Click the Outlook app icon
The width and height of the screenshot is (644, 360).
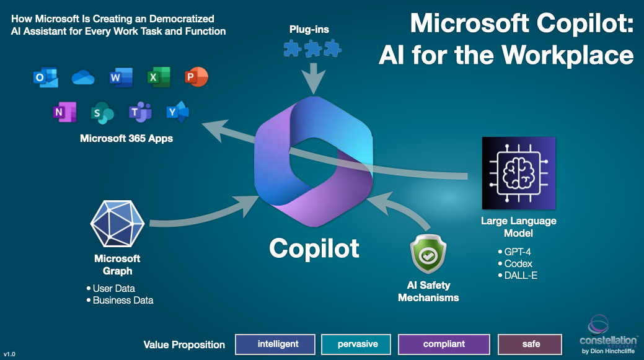[45, 78]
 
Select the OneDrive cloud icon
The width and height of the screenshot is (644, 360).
[82, 77]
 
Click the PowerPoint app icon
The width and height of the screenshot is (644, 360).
[196, 77]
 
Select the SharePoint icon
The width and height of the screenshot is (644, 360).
[102, 112]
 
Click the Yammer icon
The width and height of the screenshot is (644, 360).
[178, 112]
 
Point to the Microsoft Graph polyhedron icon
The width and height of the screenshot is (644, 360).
[117, 223]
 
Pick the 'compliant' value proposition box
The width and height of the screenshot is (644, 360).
[444, 344]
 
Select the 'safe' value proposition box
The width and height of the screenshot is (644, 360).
[530, 344]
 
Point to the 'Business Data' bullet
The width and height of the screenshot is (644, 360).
[122, 301]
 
